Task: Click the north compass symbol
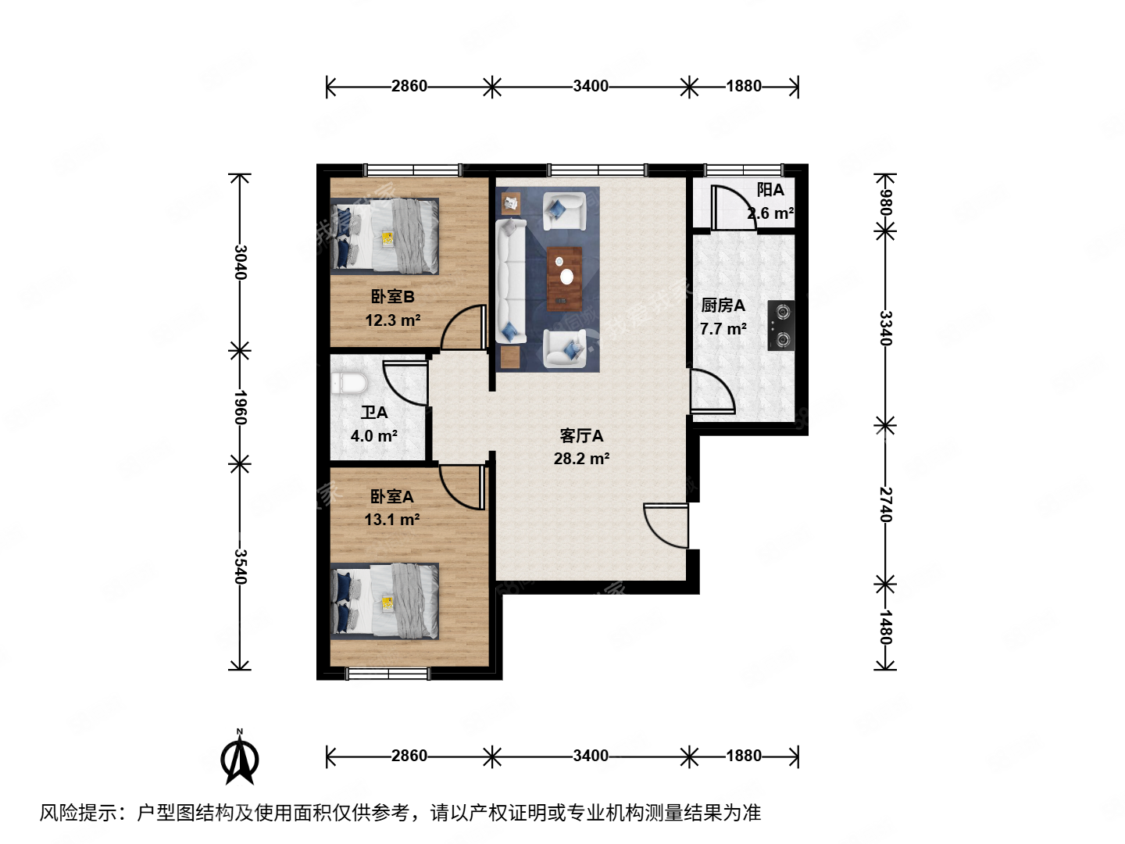click(x=240, y=757)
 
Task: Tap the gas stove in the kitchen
click(x=780, y=325)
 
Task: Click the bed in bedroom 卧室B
click(x=384, y=235)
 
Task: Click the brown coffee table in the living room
click(x=565, y=278)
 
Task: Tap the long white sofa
click(x=511, y=281)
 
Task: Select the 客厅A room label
click(x=581, y=436)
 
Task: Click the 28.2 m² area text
click(x=581, y=459)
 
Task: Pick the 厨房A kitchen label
click(x=723, y=306)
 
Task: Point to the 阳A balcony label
click(x=770, y=190)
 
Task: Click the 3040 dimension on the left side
click(x=241, y=262)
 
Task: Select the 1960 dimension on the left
click(x=241, y=407)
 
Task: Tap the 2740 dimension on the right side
click(x=885, y=504)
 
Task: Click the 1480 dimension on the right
click(x=885, y=627)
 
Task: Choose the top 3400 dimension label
click(x=590, y=86)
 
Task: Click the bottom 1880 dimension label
click(x=743, y=756)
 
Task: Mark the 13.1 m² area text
click(x=392, y=520)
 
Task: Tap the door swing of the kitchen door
click(x=712, y=391)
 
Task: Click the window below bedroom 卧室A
click(x=388, y=673)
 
